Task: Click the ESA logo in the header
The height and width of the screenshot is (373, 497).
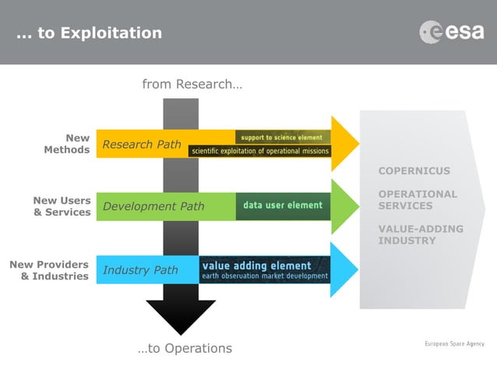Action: [451, 32]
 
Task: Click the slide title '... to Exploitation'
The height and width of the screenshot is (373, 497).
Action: [90, 33]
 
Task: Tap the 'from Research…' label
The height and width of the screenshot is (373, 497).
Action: [192, 84]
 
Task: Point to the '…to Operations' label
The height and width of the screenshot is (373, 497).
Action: [185, 348]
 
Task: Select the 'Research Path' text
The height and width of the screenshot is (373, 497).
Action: [142, 144]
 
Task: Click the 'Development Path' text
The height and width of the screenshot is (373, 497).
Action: [153, 206]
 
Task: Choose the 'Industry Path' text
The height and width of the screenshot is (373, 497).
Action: [140, 270]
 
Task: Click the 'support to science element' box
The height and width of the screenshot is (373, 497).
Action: [283, 137]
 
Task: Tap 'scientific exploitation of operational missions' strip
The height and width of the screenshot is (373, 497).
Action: [260, 151]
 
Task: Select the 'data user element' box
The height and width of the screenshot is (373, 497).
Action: [283, 205]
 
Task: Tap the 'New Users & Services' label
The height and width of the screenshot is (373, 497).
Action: [62, 206]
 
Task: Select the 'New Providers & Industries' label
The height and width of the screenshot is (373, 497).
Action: [49, 270]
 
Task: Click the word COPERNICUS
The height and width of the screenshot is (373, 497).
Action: [414, 171]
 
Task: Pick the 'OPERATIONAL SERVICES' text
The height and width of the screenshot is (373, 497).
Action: [418, 200]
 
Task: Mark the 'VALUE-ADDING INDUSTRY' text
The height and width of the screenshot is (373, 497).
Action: [421, 234]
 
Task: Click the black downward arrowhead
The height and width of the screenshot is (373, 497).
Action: [181, 316]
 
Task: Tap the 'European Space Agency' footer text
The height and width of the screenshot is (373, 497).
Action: [454, 343]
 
